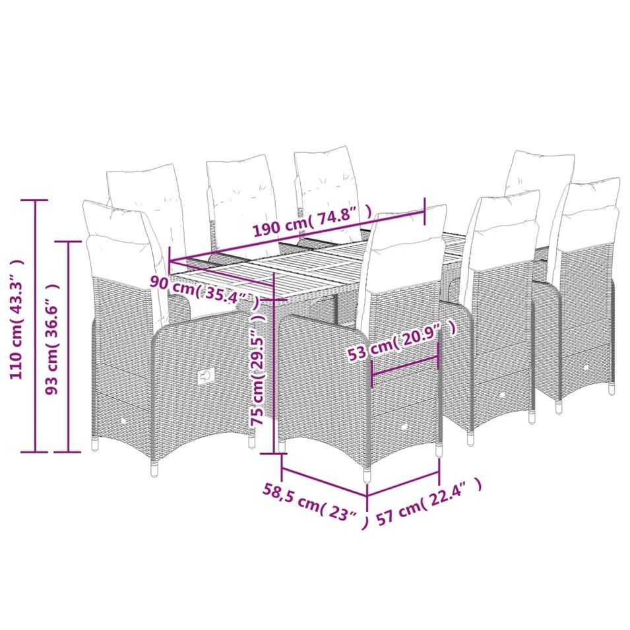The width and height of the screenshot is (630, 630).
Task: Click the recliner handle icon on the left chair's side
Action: (x=206, y=377)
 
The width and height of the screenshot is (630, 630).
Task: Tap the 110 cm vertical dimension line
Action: (x=36, y=326)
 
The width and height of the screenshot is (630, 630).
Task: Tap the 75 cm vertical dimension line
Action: (x=274, y=362)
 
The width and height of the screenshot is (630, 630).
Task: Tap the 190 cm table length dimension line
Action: (x=297, y=236)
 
